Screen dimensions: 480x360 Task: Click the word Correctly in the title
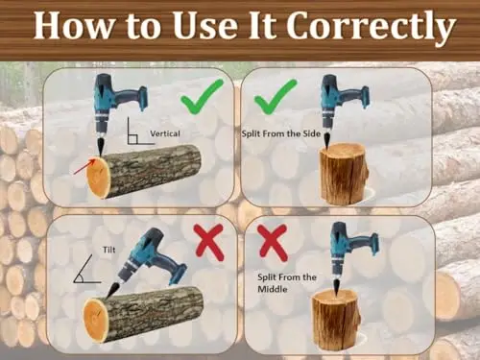371,26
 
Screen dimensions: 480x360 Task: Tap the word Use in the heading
206,26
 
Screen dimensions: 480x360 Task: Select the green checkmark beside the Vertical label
202,97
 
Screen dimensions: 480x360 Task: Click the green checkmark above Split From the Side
276,97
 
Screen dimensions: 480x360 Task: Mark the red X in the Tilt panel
209,242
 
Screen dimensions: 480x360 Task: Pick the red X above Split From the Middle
273,242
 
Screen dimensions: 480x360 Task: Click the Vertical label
165,133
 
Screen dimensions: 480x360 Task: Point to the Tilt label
108,250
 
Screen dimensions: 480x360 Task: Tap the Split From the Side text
281,133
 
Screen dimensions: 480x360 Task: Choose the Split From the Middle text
287,283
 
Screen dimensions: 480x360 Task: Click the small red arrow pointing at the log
84,167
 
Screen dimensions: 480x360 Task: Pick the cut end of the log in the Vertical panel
99,177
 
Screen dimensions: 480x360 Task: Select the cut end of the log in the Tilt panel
95,320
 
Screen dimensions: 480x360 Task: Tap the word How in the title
73,26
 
